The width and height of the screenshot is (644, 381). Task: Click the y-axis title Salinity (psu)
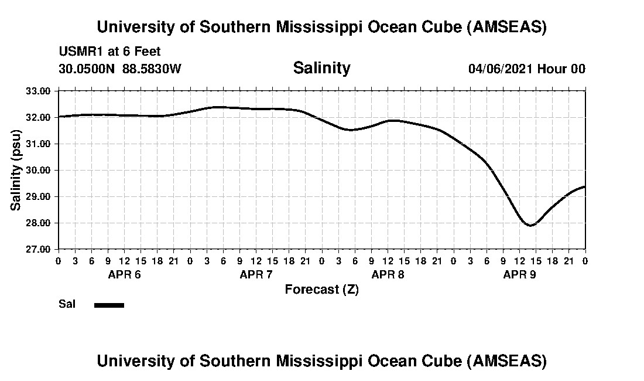coord(16,169)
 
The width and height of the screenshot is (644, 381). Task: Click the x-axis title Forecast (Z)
coord(321,290)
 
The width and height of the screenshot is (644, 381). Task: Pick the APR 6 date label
coord(124,274)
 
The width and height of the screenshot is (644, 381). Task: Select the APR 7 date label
coord(256,274)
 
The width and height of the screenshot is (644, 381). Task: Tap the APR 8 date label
coord(388,274)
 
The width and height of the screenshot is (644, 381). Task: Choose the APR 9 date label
coord(519,274)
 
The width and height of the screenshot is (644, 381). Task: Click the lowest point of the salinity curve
coord(530,225)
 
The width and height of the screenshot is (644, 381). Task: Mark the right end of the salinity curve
coord(585,186)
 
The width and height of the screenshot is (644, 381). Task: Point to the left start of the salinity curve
coord(59,117)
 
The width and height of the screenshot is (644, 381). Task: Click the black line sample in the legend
coord(109,305)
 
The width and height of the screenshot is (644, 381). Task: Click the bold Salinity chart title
coord(321,68)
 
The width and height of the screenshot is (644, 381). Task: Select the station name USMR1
coord(78,52)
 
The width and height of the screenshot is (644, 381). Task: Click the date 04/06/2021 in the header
coord(501,69)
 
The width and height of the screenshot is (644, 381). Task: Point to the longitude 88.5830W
coord(152,69)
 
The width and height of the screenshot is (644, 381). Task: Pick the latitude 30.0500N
coord(87,69)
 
